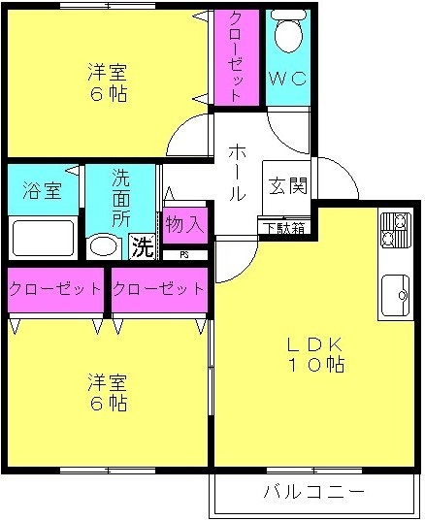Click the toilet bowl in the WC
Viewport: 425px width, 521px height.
tap(288, 31)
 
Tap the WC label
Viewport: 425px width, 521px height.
tap(288, 79)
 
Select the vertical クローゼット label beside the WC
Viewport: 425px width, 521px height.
tap(236, 56)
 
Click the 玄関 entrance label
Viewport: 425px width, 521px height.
tap(288, 185)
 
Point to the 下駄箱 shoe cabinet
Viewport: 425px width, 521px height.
tap(284, 228)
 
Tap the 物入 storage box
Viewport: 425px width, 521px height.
tap(185, 225)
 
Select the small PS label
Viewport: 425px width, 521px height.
tap(184, 255)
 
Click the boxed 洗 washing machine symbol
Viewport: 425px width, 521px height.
tap(143, 246)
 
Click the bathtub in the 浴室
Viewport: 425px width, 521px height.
tap(44, 238)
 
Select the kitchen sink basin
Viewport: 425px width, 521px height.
tap(396, 295)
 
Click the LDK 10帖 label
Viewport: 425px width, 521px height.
tap(315, 355)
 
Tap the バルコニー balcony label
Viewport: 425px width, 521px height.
tap(314, 491)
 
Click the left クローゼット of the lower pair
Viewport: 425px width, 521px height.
tap(55, 289)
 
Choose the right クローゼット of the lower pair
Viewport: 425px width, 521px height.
tap(159, 289)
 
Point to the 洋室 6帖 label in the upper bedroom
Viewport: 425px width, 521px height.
tap(108, 82)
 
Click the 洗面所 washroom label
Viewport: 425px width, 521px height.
tap(120, 198)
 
